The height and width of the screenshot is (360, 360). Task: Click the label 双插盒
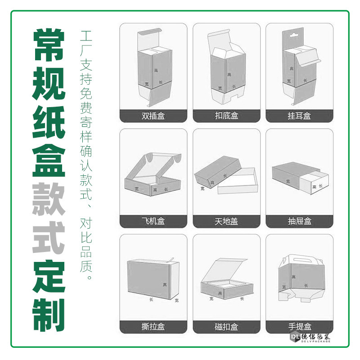pos(153,116)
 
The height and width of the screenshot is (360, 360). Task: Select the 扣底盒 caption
pos(226,116)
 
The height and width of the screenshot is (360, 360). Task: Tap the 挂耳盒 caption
pos(299,116)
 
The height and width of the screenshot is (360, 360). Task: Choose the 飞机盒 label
pos(153,221)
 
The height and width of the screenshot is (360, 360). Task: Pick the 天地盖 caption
pos(226,221)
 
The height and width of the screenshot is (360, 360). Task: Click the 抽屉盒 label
pos(299,221)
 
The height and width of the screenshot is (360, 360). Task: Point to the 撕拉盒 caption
pos(153,326)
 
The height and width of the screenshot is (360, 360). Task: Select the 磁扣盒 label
pos(226,326)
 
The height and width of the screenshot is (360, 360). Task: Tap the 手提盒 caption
pos(299,326)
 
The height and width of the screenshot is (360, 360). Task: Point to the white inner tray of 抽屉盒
pos(317,184)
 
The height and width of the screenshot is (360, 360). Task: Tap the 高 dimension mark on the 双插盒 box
pos(156,70)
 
